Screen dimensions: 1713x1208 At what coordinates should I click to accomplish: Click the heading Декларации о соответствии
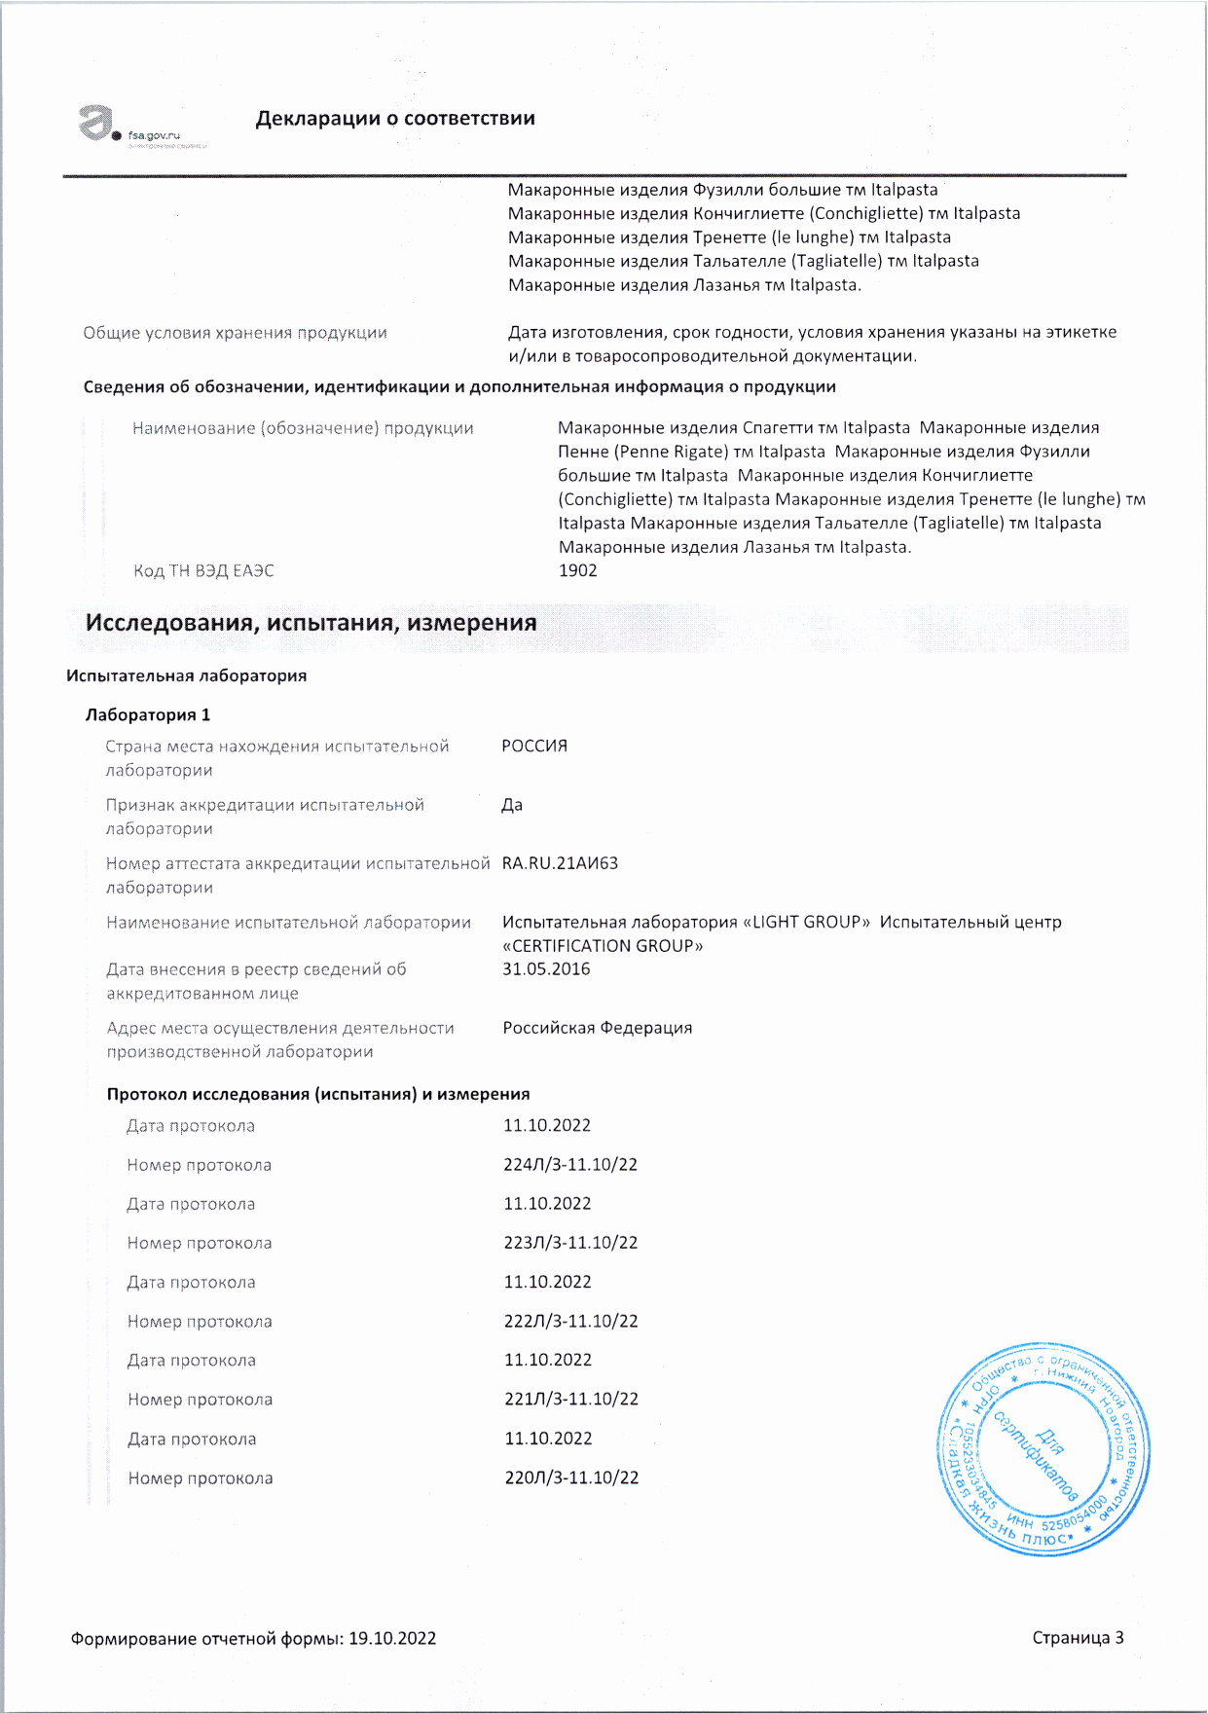point(394,119)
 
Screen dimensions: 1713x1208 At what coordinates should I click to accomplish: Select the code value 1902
point(577,570)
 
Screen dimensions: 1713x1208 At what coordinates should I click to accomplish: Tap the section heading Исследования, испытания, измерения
point(311,623)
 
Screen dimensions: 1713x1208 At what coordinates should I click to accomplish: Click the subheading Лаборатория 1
point(148,714)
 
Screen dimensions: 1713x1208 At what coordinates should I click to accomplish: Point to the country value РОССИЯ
point(534,746)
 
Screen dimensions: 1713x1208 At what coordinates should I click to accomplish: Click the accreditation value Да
point(512,805)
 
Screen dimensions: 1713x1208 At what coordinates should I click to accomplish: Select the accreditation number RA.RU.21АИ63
point(560,863)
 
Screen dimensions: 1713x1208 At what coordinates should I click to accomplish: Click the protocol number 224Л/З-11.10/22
point(570,1165)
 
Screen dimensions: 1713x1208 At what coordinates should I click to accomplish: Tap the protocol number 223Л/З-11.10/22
point(570,1243)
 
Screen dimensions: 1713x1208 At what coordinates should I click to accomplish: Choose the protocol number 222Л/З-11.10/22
point(571,1321)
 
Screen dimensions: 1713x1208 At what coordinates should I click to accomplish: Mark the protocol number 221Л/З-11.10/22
point(571,1399)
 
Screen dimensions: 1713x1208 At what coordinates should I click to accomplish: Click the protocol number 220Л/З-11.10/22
point(571,1477)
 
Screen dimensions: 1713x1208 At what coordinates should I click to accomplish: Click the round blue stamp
point(1043,1447)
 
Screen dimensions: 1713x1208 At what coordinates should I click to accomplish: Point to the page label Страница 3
point(1078,1637)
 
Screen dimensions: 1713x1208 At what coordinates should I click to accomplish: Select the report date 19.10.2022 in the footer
point(392,1638)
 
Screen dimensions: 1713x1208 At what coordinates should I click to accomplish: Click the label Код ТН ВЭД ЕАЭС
point(203,570)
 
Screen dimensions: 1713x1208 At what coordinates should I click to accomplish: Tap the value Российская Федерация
point(598,1028)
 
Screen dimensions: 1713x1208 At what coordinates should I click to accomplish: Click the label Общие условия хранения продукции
point(235,333)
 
